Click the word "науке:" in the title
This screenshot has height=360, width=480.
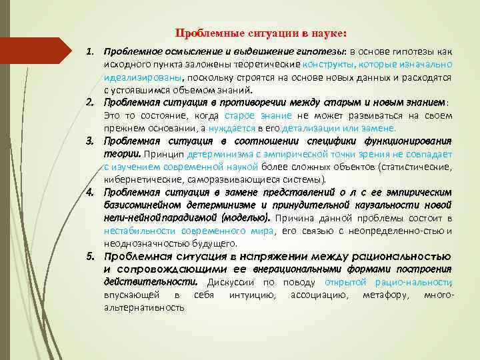click(x=328, y=33)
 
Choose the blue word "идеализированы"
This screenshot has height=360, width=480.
click(x=135, y=77)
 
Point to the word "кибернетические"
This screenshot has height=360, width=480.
click(x=139, y=179)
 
